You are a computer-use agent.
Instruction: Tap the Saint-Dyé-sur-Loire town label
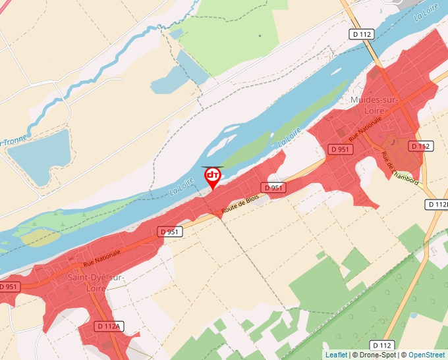click(x=96, y=282)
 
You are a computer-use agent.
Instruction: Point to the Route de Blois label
click(x=240, y=205)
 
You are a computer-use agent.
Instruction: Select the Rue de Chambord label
click(x=399, y=168)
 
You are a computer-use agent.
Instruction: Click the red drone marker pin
click(x=213, y=176)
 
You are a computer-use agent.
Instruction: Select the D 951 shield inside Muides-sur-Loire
click(x=341, y=150)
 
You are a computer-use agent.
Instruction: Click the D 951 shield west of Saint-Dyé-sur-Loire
click(x=9, y=287)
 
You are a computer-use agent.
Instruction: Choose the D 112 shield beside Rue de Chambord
click(x=420, y=146)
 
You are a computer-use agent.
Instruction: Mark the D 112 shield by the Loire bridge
click(x=362, y=34)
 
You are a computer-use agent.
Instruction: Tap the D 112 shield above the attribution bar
click(x=381, y=345)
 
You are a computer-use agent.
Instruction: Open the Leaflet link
click(x=336, y=355)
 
